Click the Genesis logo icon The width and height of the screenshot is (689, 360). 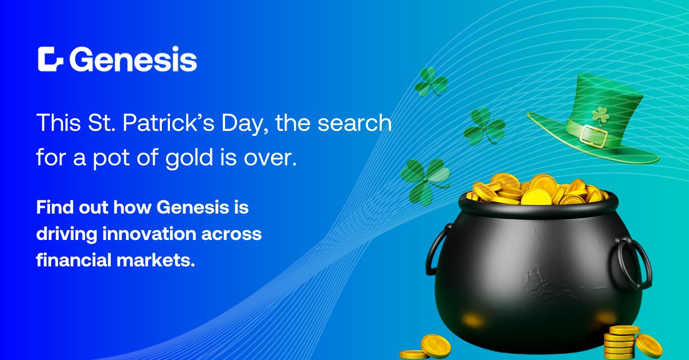[x=51, y=59]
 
